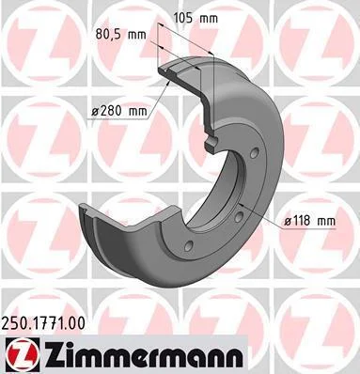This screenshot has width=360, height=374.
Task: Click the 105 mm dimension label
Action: [x=196, y=19]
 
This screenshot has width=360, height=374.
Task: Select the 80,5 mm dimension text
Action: [x=120, y=35]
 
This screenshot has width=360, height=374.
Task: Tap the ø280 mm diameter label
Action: [x=119, y=111]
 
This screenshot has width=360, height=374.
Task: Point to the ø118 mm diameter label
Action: [x=309, y=221]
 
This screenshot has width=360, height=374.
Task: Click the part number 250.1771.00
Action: [x=43, y=323]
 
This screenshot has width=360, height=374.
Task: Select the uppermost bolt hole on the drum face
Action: [x=255, y=153]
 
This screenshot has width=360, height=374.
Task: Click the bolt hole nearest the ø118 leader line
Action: [x=240, y=216]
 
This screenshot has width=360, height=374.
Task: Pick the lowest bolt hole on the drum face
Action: [x=188, y=246]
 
